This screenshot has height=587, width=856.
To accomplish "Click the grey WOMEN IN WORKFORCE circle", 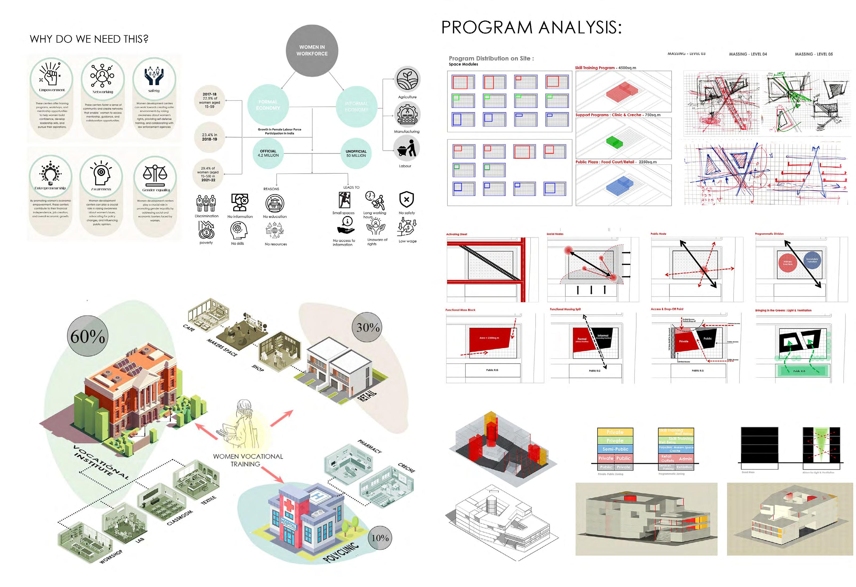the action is (x=312, y=50).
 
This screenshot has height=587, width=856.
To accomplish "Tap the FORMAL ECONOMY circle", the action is (x=268, y=105).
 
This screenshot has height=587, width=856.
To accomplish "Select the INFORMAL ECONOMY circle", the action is (x=356, y=106).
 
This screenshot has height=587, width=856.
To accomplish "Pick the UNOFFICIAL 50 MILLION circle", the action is (x=356, y=153).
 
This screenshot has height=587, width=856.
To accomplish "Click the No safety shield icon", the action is (x=407, y=200).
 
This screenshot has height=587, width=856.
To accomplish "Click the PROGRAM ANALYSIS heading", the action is (x=531, y=27).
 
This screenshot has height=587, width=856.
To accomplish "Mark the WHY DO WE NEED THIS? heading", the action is (x=89, y=39).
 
